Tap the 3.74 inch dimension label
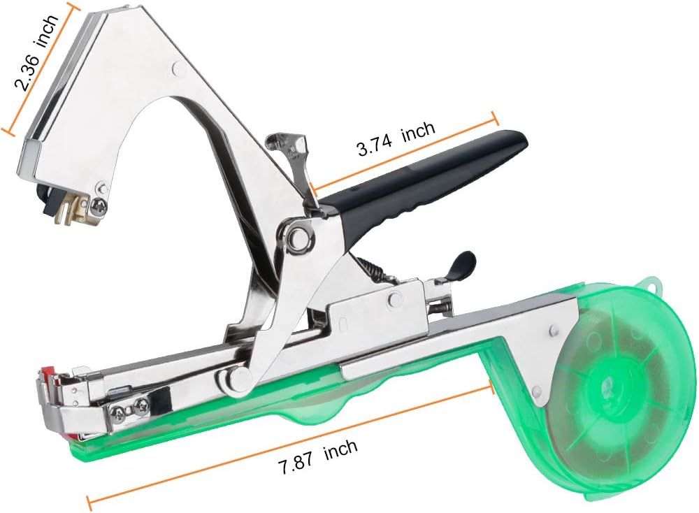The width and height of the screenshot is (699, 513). pyautogui.click(x=396, y=138)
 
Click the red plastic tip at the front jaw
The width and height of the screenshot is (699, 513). pyautogui.click(x=48, y=372)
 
